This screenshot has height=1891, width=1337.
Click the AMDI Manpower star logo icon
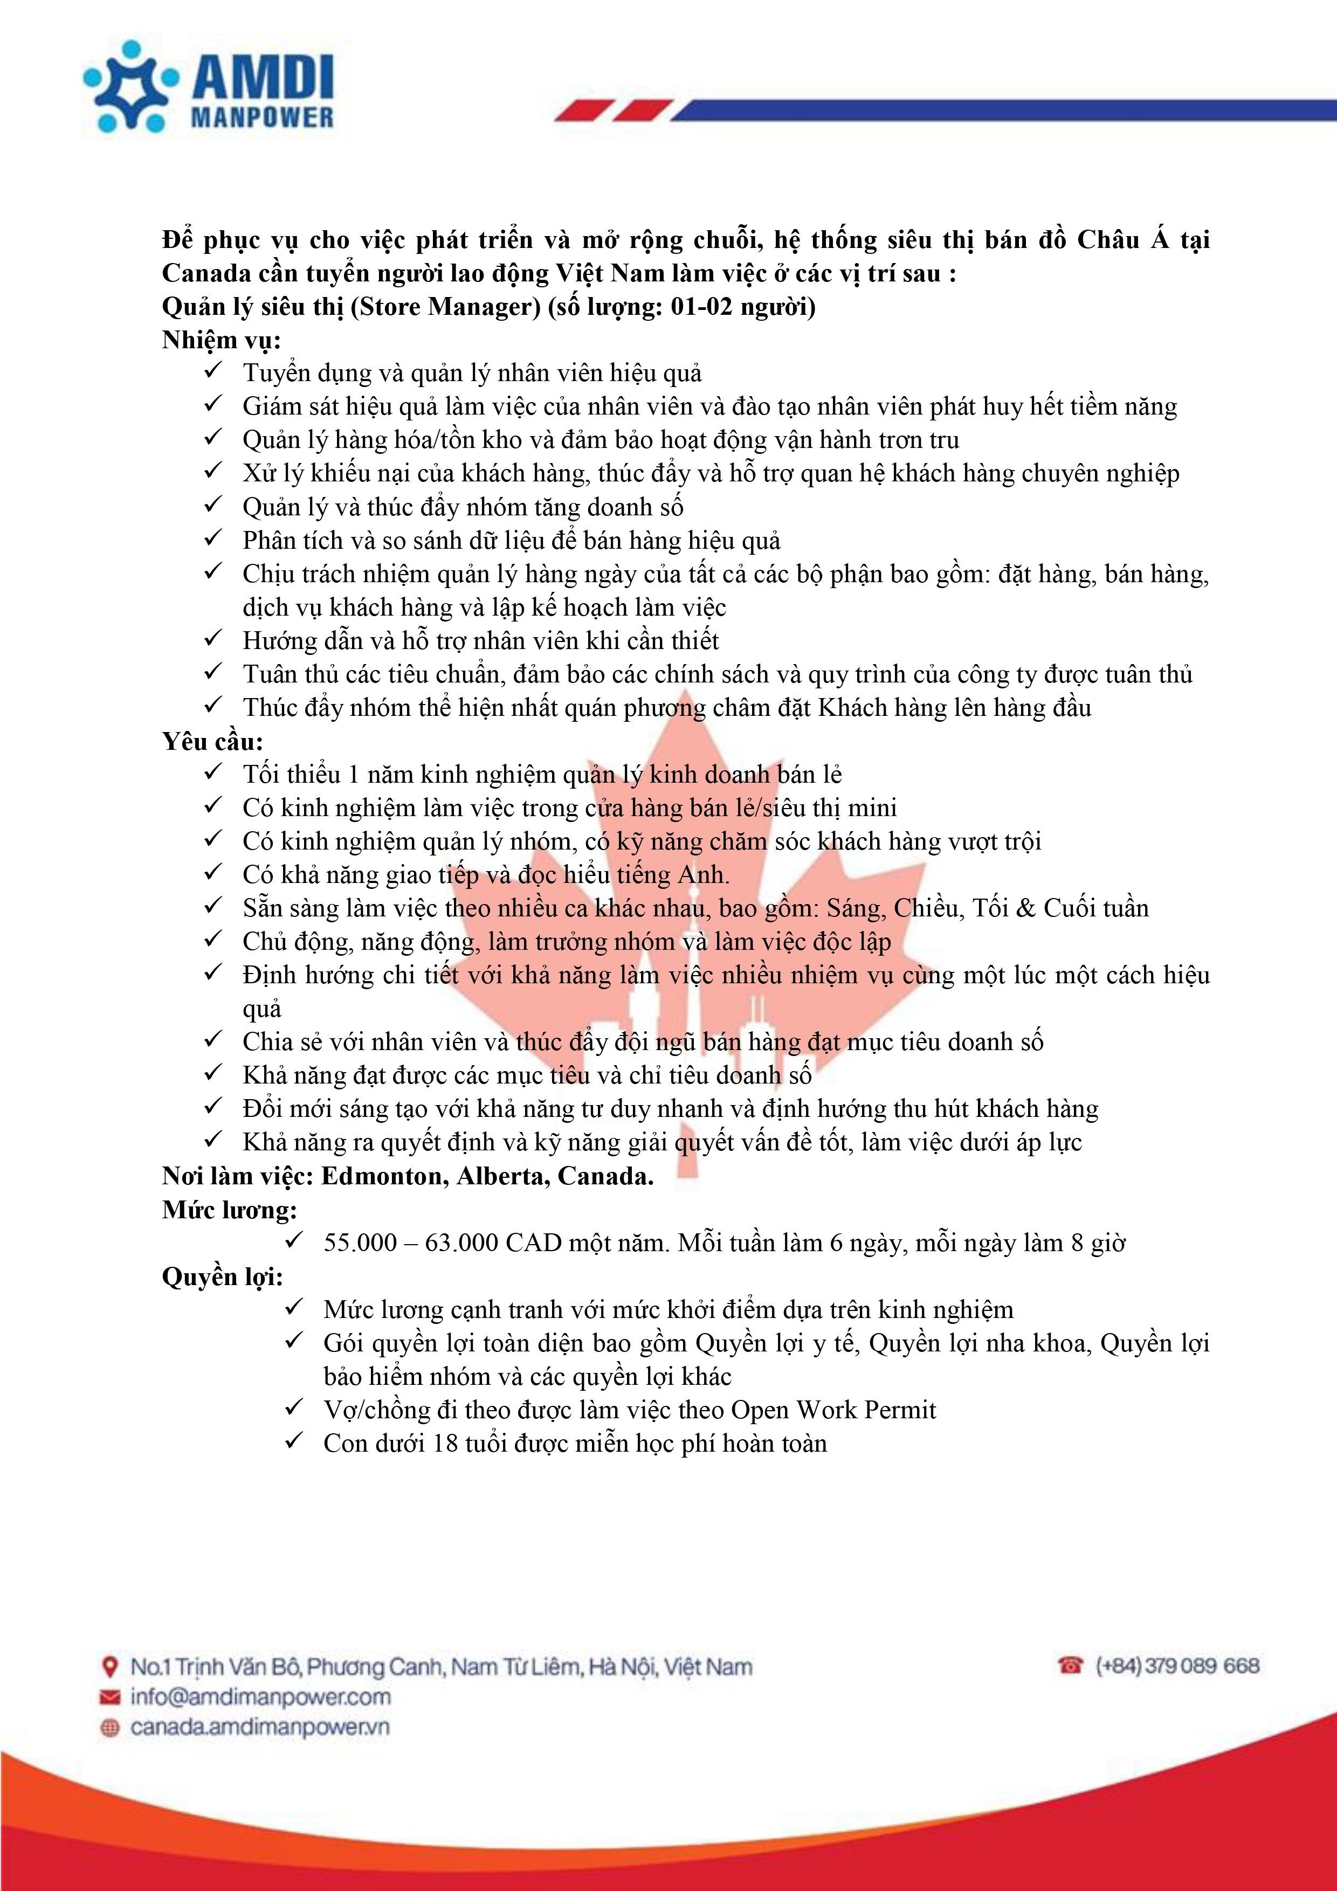[x=130, y=86]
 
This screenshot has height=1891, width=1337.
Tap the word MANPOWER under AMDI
[x=262, y=117]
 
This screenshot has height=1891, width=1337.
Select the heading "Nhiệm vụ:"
[x=222, y=340]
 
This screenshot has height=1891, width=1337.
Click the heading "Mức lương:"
[x=230, y=1210]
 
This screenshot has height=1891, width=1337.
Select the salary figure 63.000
[x=461, y=1244]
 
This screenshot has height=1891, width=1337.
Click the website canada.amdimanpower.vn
[x=259, y=1727]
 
